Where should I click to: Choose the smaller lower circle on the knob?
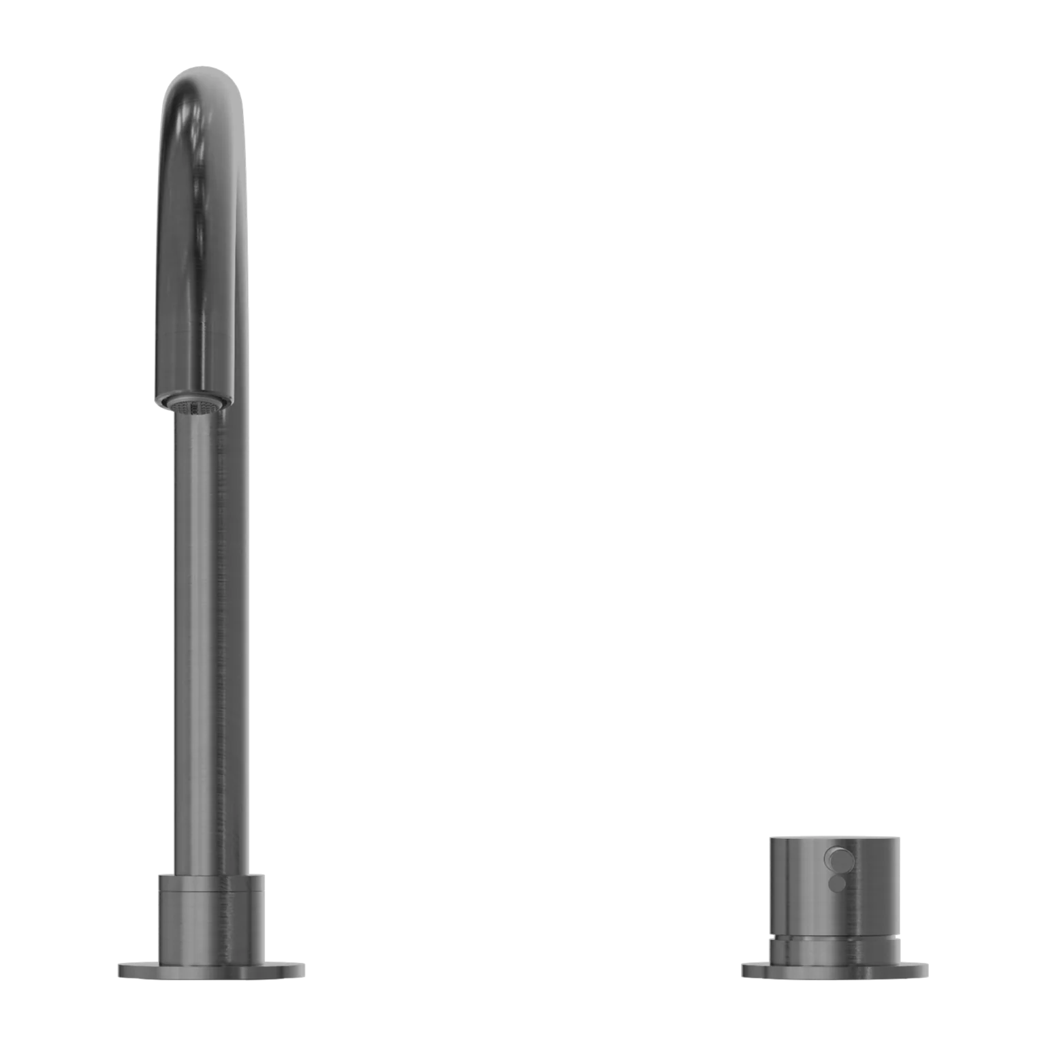(837, 883)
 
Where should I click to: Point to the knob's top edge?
(836, 836)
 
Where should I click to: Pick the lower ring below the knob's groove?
(836, 949)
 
